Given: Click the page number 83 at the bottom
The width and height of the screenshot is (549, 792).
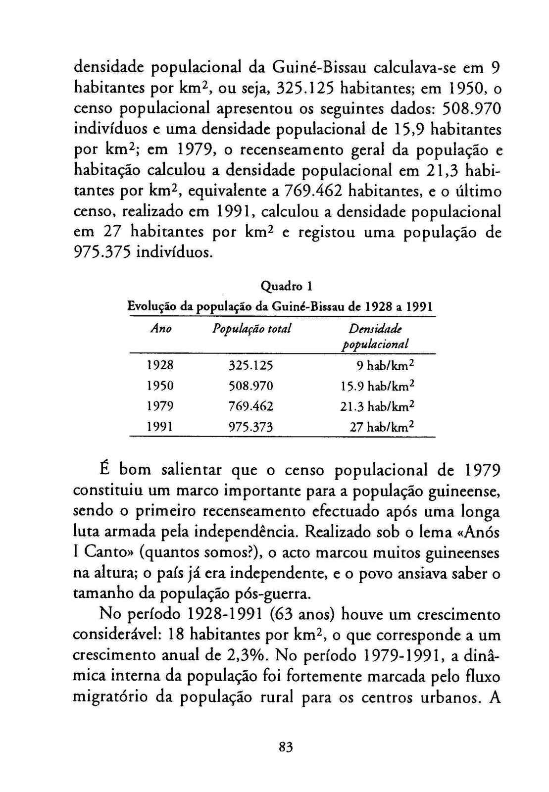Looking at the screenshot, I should (x=286, y=747).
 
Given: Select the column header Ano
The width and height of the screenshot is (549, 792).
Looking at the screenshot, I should (x=161, y=329).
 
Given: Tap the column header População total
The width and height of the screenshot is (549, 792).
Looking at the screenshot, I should (x=251, y=329).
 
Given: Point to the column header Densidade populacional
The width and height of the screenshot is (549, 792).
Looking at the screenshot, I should (x=376, y=336).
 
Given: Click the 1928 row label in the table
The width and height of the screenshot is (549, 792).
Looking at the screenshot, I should (x=160, y=365).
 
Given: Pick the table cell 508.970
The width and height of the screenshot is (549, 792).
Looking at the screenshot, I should (x=251, y=386).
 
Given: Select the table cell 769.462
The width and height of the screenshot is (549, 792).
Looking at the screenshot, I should (x=251, y=406).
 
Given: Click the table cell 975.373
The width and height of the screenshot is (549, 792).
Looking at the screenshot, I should (x=251, y=426).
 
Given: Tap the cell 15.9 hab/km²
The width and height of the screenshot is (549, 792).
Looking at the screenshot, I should (x=377, y=386).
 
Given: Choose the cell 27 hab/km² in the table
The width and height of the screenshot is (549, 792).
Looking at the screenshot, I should (x=381, y=426).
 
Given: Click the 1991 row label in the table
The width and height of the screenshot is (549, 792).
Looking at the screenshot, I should (x=160, y=426).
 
